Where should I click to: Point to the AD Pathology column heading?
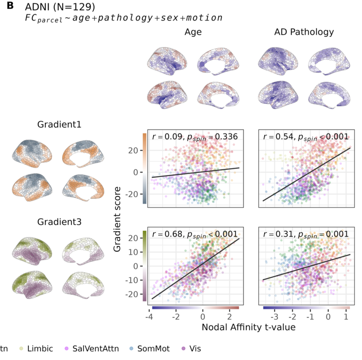click(304, 32)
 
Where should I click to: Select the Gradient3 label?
click(59, 222)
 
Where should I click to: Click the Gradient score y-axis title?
click(118, 219)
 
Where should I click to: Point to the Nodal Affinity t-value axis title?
click(248, 327)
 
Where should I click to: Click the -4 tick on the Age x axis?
click(149, 316)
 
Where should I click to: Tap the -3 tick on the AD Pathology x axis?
click(274, 316)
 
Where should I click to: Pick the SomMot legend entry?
click(153, 349)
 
